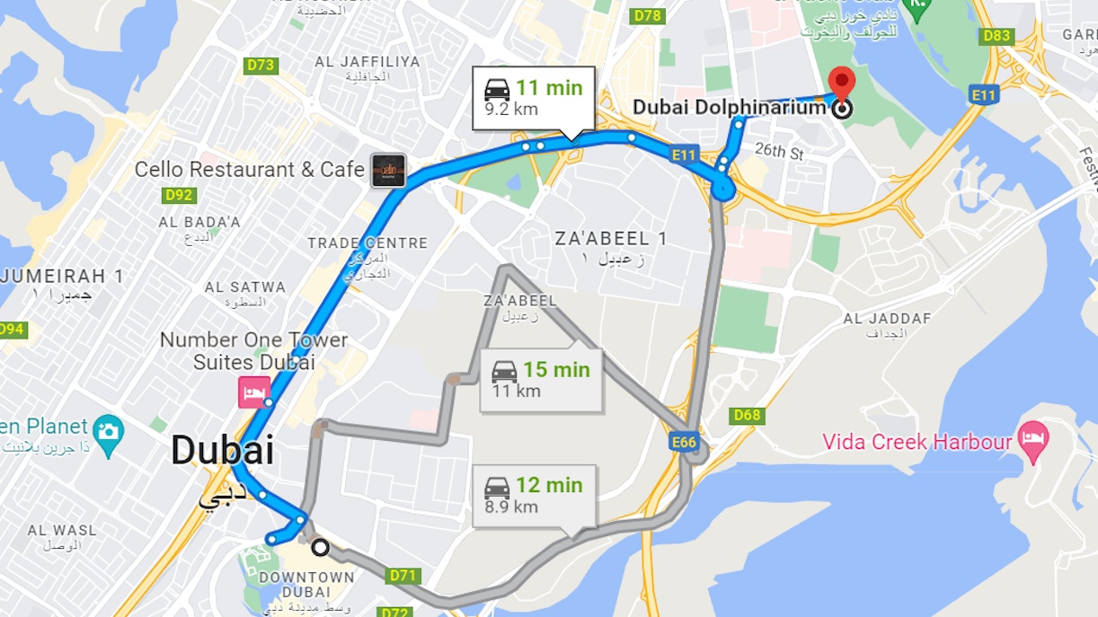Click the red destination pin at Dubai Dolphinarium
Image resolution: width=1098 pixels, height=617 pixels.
point(842,82)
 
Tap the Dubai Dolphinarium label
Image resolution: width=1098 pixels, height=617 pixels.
point(729,107)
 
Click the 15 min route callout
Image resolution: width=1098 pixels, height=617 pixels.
point(540,378)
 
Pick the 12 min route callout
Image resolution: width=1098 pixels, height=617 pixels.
point(534,495)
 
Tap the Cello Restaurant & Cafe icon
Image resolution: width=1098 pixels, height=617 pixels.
point(389,170)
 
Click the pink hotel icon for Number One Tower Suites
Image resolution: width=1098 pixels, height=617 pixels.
point(253,392)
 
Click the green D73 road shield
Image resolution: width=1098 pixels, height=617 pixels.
point(261,66)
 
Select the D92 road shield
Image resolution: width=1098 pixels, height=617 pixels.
point(180,195)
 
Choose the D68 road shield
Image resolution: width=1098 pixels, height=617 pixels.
point(747,415)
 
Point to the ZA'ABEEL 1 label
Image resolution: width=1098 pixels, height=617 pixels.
point(611,239)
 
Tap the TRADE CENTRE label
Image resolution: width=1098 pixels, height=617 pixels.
point(367,243)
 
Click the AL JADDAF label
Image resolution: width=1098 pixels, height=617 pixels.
point(887,319)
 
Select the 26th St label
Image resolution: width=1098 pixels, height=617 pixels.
point(779,150)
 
